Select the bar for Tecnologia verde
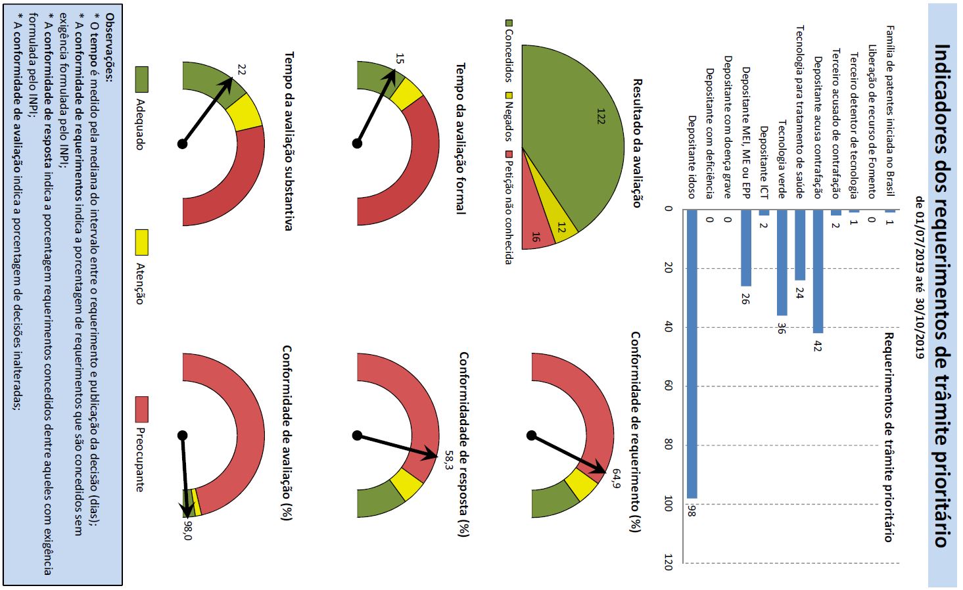[x=782, y=263]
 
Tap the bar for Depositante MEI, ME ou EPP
[x=745, y=248]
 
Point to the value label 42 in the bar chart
[x=817, y=346]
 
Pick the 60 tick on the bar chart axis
[x=669, y=386]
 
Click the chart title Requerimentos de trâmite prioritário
[x=888, y=437]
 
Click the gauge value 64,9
[x=616, y=478]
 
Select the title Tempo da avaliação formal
[x=461, y=138]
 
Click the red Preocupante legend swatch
[x=141, y=409]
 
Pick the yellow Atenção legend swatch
[x=141, y=242]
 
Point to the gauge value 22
[x=241, y=70]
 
